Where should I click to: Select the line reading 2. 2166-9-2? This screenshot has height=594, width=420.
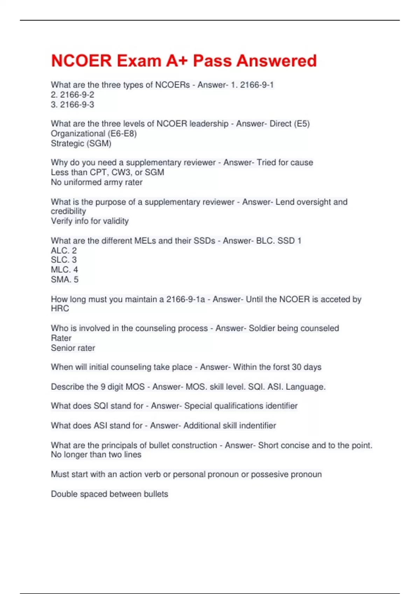point(72,95)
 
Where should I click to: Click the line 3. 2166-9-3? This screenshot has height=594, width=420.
point(72,104)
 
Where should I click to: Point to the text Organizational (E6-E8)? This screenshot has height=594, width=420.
point(93,133)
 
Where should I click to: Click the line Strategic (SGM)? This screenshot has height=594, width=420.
point(81,143)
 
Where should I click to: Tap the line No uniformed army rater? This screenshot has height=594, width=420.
point(97,182)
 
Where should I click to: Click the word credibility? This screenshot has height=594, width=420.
point(68,211)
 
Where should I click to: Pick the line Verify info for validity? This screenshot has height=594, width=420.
point(90,221)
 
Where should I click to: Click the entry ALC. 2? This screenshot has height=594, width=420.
point(64,250)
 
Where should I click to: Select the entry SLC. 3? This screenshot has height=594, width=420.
point(64,260)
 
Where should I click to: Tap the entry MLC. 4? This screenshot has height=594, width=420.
point(64,269)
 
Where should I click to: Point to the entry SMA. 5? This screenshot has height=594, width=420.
point(65,279)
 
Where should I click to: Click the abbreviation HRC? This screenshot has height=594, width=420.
point(60,308)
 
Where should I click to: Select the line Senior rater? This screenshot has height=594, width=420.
point(73,348)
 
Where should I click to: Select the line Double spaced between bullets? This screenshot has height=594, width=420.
point(110,494)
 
